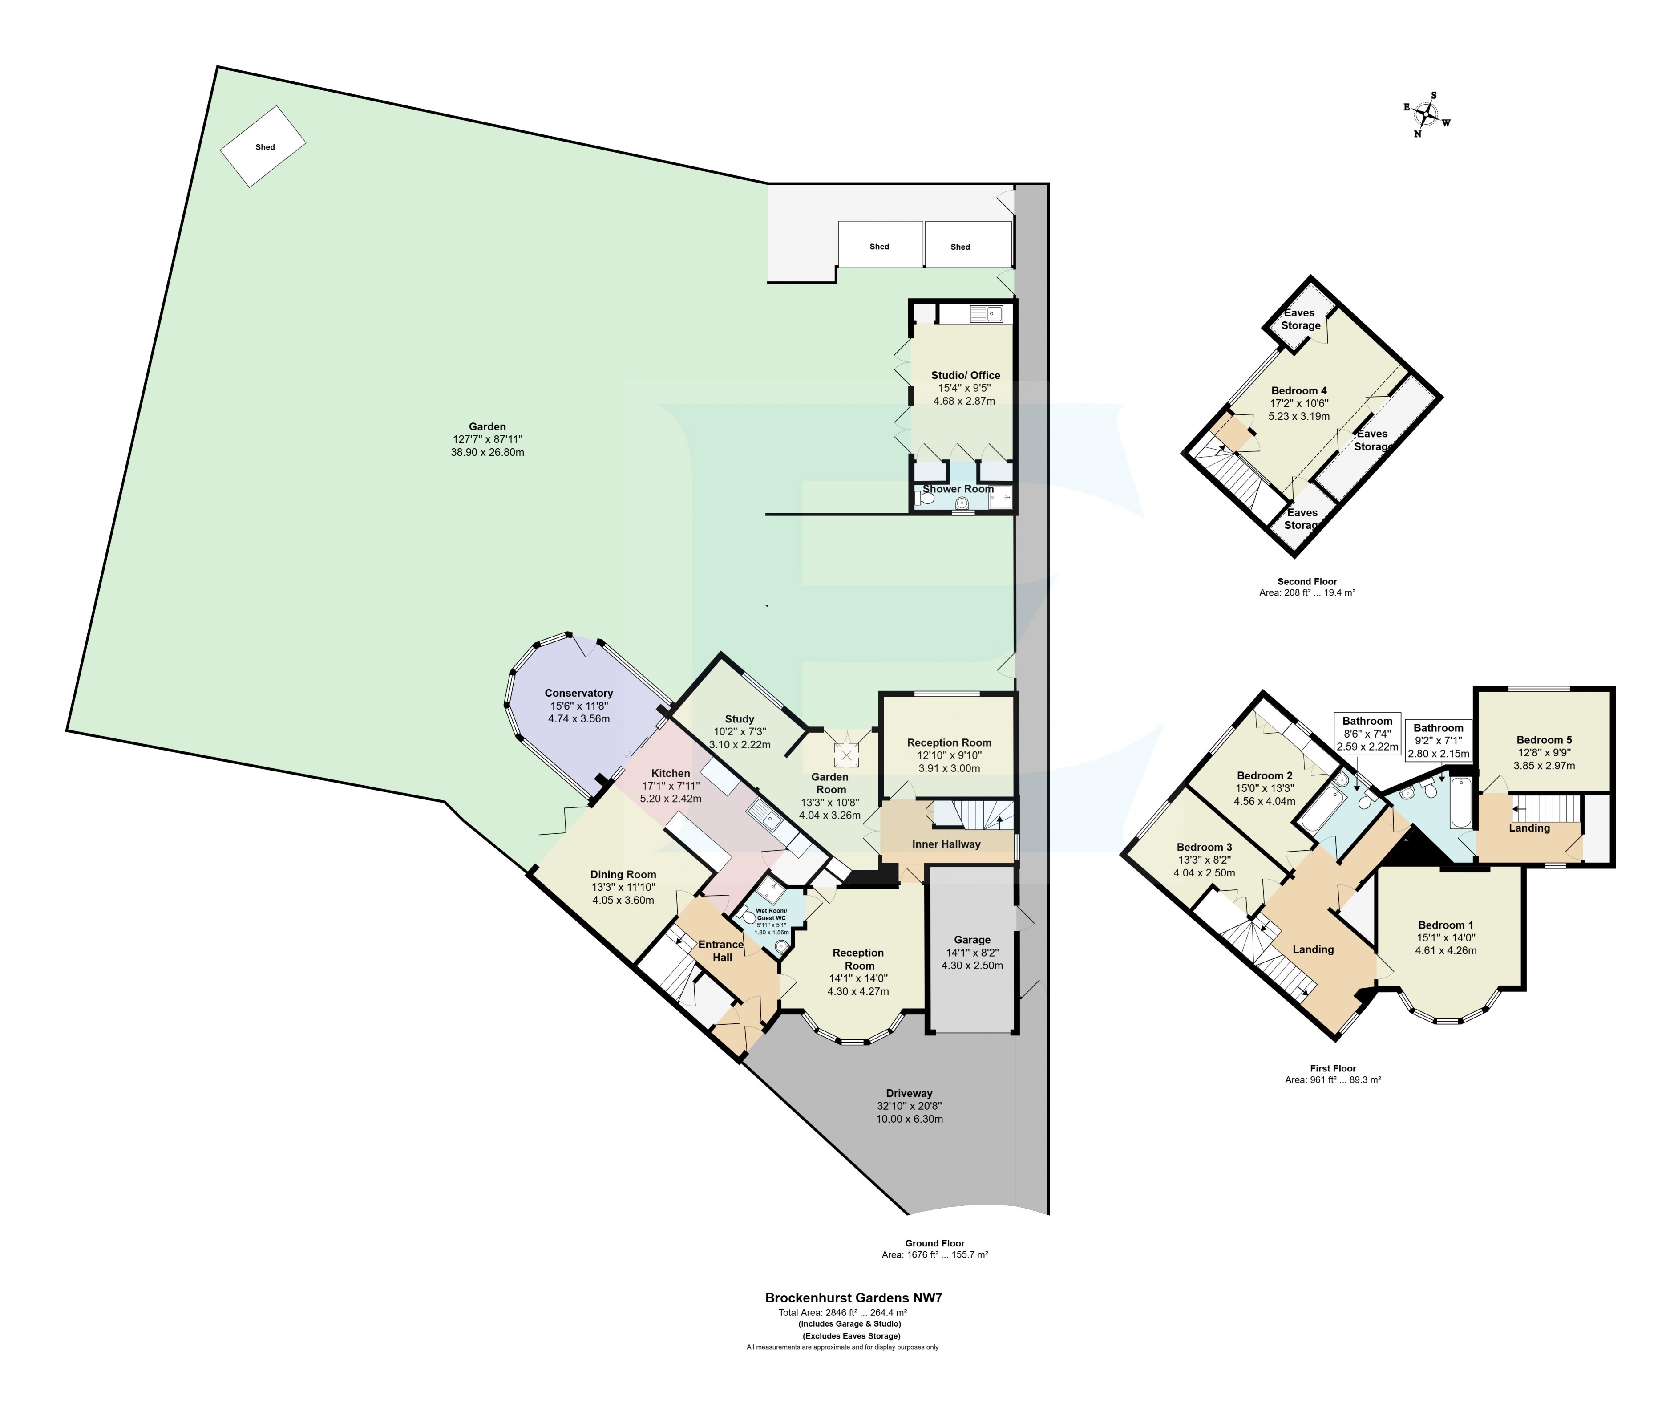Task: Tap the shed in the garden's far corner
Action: pyautogui.click(x=263, y=147)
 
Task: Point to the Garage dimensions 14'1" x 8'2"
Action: pyautogui.click(x=972, y=952)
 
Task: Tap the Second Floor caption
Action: pyautogui.click(x=1306, y=581)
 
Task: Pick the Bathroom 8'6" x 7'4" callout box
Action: pyautogui.click(x=1367, y=733)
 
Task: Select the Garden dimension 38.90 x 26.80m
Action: pyautogui.click(x=487, y=452)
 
